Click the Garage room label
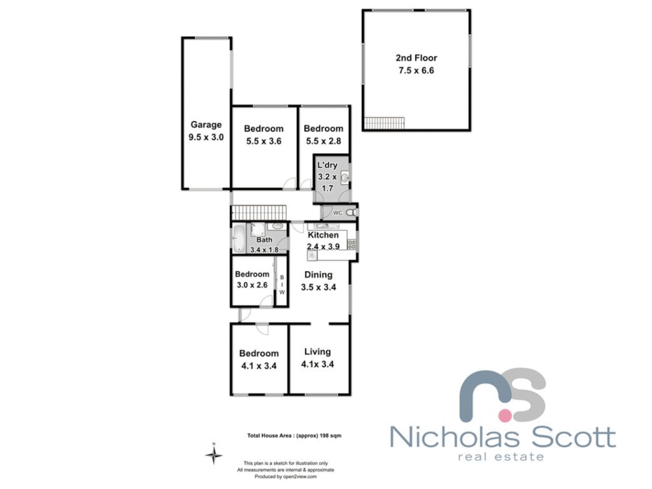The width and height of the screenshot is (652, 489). [x=206, y=125]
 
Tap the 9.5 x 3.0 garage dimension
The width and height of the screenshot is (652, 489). [x=206, y=137]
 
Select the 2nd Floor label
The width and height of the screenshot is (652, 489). [x=416, y=58]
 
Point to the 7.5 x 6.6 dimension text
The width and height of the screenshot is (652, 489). [x=416, y=71]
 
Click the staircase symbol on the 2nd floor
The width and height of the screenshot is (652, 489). [x=384, y=123]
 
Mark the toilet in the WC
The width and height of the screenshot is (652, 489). [x=350, y=212]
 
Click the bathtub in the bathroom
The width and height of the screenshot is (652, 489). [x=239, y=238]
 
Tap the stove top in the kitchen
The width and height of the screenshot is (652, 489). [x=352, y=244]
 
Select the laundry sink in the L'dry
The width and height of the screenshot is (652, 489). [x=345, y=178]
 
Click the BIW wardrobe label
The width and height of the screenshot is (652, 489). [x=282, y=285]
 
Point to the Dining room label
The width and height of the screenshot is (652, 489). [x=318, y=275]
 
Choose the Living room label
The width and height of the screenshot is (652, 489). [x=317, y=352]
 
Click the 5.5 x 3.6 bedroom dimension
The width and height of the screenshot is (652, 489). [x=264, y=141]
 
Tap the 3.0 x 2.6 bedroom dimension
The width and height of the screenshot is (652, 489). [x=252, y=285]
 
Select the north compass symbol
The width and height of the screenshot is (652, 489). [x=214, y=455]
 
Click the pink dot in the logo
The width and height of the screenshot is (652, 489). [x=505, y=413]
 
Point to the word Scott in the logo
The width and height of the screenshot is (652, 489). [x=573, y=437]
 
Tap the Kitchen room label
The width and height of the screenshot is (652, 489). [x=323, y=235]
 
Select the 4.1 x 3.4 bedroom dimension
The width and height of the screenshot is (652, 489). [x=259, y=366]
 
